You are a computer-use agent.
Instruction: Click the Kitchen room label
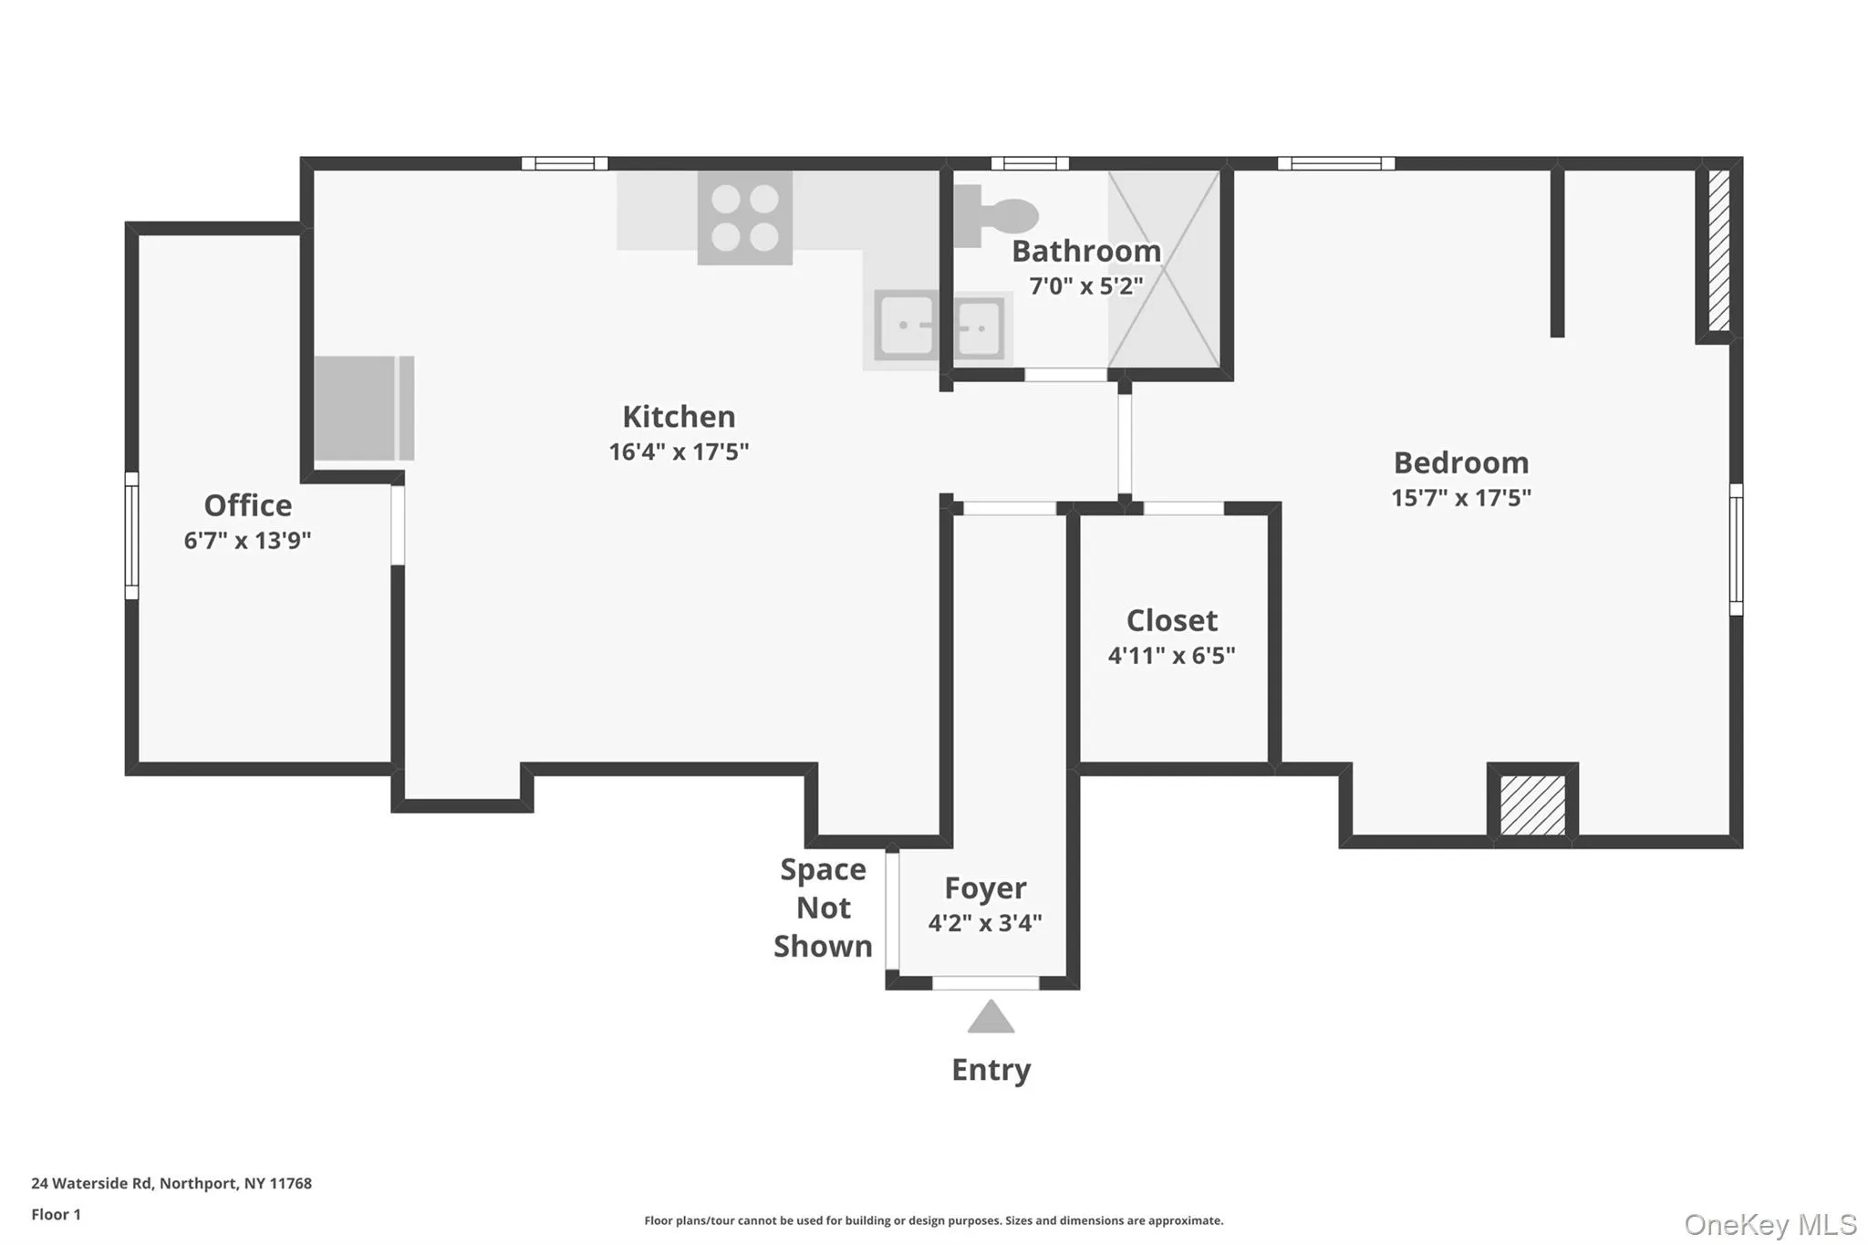point(679,417)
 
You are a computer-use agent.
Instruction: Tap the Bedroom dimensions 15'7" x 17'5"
point(1460,498)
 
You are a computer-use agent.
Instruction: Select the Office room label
point(247,505)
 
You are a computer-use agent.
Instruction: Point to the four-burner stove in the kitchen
point(744,218)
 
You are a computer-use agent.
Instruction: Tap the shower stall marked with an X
point(1164,269)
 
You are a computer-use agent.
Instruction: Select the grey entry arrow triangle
point(991,1018)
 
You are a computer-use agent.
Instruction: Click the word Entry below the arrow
point(991,1070)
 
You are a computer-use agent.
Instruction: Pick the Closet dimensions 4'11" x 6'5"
point(1171,656)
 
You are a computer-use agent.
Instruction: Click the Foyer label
point(984,887)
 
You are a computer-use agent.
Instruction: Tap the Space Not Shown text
point(823,908)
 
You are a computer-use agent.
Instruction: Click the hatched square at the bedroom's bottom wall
point(1532,804)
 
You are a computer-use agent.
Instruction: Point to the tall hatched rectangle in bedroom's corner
point(1718,250)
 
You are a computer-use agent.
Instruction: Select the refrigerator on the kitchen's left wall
point(364,408)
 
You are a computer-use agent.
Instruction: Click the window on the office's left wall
point(131,535)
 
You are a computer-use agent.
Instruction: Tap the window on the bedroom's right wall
point(1736,549)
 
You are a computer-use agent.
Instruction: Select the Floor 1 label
point(56,1215)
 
